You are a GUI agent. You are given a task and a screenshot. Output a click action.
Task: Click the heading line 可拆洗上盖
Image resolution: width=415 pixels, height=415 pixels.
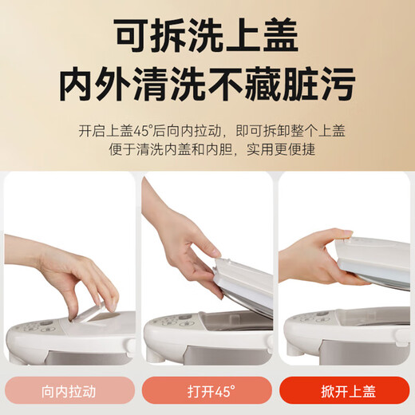207,36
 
